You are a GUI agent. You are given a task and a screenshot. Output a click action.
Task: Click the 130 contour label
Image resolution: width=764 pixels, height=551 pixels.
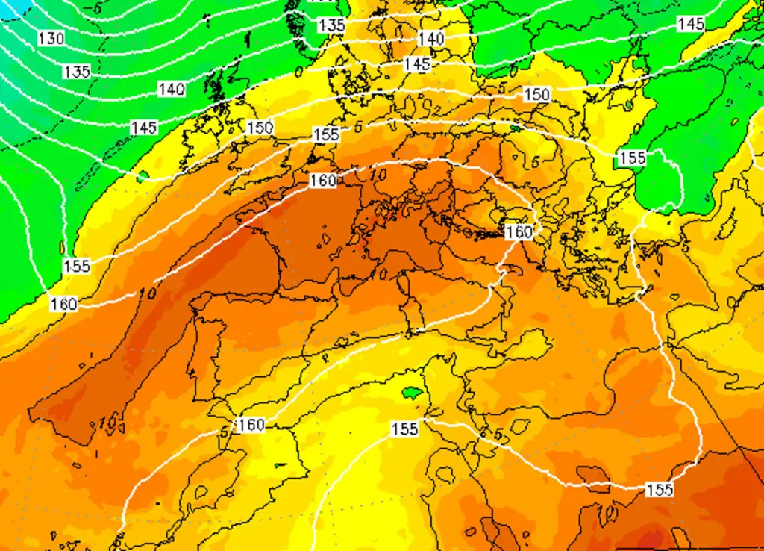click(51, 38)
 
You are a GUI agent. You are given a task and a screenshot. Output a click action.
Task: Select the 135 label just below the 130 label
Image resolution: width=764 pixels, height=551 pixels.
click(77, 72)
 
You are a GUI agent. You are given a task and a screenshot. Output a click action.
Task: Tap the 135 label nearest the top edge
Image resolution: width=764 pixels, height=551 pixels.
click(331, 25)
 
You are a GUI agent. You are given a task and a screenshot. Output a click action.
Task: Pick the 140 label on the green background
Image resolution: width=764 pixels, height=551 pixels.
click(171, 90)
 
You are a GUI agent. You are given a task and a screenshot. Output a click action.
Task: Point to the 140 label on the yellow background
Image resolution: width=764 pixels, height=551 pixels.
click(431, 38)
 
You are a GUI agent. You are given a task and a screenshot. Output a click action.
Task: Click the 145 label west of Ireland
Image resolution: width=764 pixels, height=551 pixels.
click(144, 128)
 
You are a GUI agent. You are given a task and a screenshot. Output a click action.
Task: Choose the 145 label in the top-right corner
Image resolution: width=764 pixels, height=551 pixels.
click(691, 24)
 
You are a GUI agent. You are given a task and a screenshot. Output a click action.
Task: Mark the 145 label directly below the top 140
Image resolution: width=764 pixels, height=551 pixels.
click(416, 64)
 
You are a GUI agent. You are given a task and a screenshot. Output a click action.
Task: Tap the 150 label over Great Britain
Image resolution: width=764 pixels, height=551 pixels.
click(260, 128)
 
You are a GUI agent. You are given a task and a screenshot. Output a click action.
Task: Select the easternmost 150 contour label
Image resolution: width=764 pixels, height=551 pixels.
click(536, 95)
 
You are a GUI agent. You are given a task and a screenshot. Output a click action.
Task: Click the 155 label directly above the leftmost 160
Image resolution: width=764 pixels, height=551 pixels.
click(76, 266)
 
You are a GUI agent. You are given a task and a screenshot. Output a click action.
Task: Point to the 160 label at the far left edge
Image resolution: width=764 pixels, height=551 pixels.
click(63, 304)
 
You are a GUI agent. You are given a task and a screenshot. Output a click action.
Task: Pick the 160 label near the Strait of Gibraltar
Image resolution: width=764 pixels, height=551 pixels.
click(251, 425)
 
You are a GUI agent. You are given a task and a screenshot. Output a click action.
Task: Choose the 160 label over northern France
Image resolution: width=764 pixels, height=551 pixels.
click(322, 180)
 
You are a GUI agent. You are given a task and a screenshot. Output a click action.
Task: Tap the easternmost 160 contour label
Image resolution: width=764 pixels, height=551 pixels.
click(519, 232)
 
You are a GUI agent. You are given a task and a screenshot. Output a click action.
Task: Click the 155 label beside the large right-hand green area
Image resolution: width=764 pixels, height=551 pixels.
click(631, 158)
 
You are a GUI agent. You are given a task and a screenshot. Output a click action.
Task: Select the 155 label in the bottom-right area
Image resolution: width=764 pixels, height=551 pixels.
click(659, 490)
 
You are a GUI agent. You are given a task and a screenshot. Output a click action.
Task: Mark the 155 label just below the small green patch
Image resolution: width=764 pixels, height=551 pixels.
click(404, 429)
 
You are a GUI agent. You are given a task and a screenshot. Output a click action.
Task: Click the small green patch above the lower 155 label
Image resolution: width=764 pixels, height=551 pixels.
click(412, 393)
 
